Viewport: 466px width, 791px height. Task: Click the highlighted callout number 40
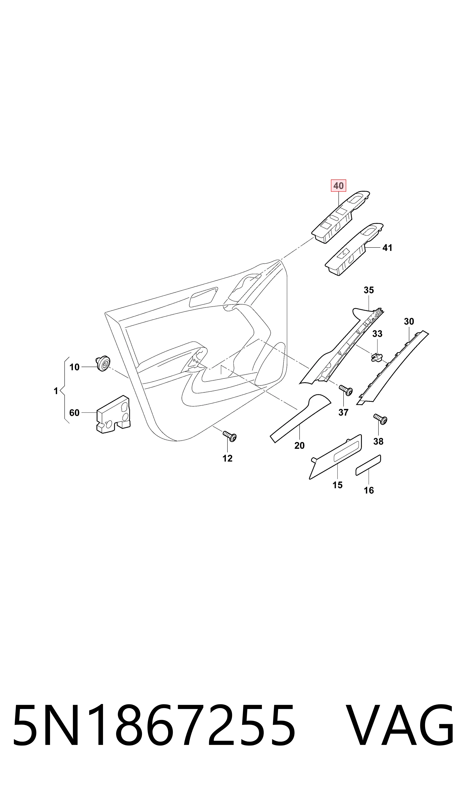pyautogui.click(x=338, y=186)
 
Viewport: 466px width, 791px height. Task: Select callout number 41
pyautogui.click(x=387, y=248)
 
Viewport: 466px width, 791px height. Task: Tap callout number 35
pyautogui.click(x=369, y=290)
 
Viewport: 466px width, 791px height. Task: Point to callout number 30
pyautogui.click(x=409, y=321)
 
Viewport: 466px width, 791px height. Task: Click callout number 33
pyautogui.click(x=377, y=334)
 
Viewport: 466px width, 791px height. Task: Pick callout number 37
pyautogui.click(x=343, y=412)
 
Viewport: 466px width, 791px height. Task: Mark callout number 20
pyautogui.click(x=299, y=445)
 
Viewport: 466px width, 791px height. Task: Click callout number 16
pyautogui.click(x=369, y=490)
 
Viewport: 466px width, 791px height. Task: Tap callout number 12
pyautogui.click(x=227, y=458)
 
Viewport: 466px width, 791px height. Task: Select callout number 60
pyautogui.click(x=74, y=413)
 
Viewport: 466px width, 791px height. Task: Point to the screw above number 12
pyautogui.click(x=230, y=436)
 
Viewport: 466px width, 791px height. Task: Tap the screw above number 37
pyautogui.click(x=346, y=390)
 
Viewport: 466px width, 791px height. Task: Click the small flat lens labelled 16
pyautogui.click(x=368, y=465)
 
